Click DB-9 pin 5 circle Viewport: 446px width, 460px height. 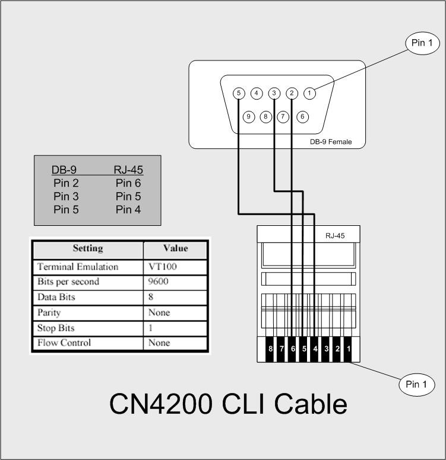coord(239,93)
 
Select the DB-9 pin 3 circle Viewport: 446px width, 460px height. coord(274,93)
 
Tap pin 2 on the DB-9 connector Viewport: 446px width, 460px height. coord(292,93)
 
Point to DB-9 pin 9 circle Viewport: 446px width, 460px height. coord(250,116)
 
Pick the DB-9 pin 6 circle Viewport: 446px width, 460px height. coord(302,116)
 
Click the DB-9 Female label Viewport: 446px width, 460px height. coord(330,142)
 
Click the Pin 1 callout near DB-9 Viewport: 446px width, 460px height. coord(422,43)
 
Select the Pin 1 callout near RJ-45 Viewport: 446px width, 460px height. coord(416,384)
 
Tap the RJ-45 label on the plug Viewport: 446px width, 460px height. coord(335,235)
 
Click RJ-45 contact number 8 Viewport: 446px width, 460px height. coord(270,349)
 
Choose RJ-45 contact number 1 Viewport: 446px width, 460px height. coord(348,349)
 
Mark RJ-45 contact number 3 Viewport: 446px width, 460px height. coord(326,349)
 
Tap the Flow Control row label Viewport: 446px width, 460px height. coord(64,343)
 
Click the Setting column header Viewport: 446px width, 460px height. coord(87,248)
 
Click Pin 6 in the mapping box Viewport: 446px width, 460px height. coord(128,183)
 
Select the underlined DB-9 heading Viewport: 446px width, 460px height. coord(64,170)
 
